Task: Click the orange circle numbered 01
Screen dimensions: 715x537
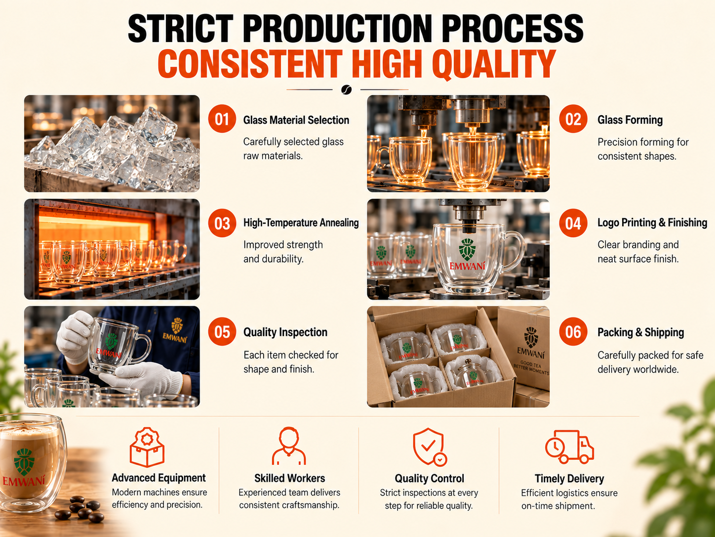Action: tap(222, 119)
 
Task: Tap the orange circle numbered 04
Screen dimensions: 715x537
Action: tap(573, 223)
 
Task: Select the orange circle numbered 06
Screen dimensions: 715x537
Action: tap(573, 332)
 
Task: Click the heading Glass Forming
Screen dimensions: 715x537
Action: tap(630, 120)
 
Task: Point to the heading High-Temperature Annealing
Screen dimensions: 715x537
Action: tap(301, 223)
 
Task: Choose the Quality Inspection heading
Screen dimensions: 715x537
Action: tap(285, 332)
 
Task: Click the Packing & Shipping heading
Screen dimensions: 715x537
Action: tap(640, 332)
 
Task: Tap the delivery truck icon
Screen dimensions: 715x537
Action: tap(569, 447)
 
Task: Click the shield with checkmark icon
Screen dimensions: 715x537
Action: tap(429, 447)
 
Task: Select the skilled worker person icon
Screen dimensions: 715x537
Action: tap(288, 446)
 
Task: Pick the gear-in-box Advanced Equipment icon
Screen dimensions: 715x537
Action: tap(147, 447)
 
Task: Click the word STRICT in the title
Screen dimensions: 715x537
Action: tap(181, 28)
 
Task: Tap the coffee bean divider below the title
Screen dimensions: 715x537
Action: tap(346, 89)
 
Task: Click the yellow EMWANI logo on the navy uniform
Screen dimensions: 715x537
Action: tap(176, 330)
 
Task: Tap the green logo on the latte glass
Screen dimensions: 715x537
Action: tap(24, 462)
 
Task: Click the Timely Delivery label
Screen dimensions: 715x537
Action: tap(569, 478)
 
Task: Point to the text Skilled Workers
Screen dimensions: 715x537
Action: tap(289, 478)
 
